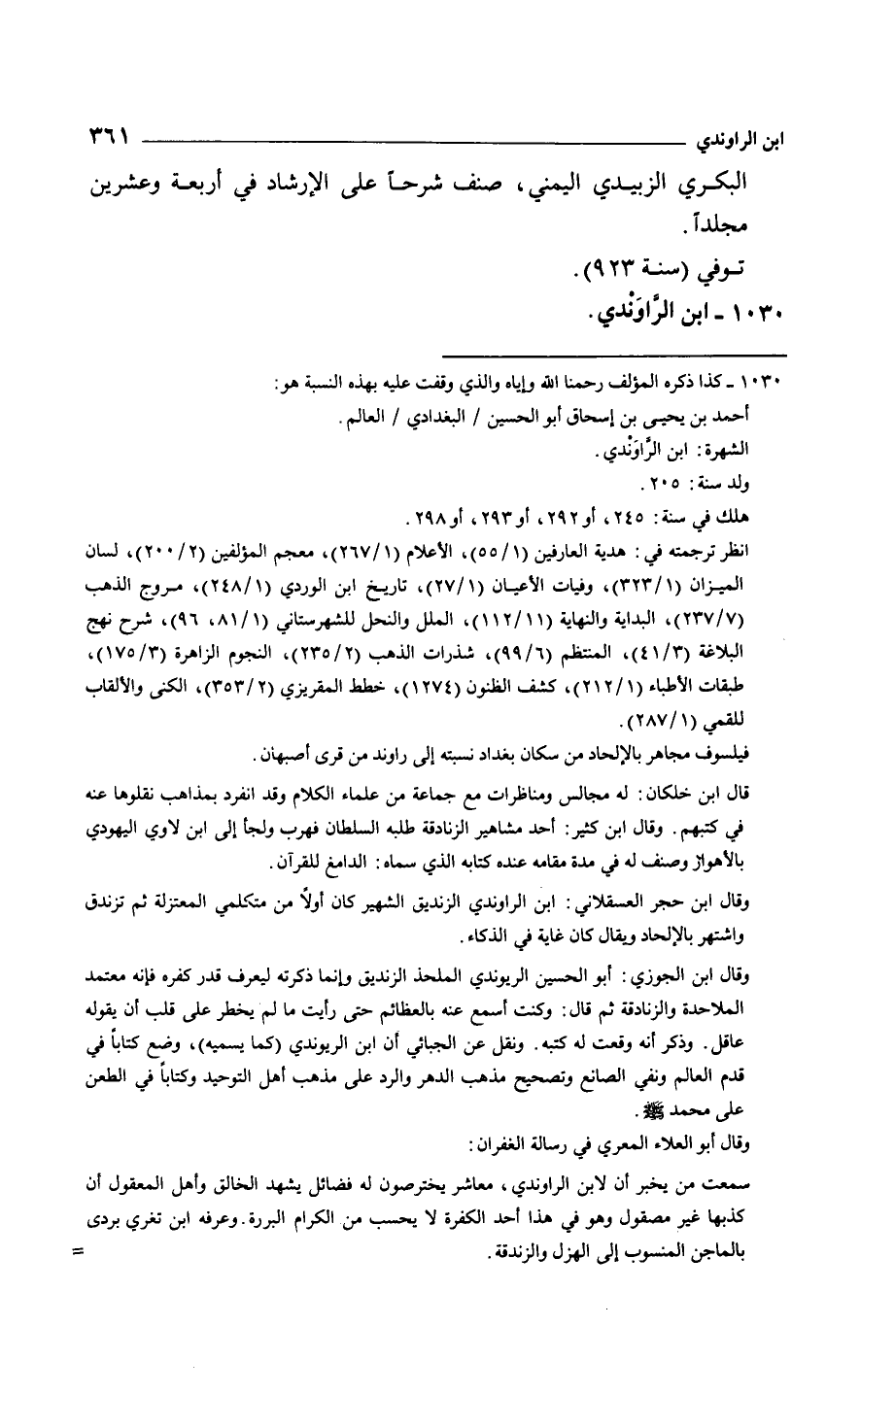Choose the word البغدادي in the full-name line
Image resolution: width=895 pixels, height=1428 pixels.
point(437,419)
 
